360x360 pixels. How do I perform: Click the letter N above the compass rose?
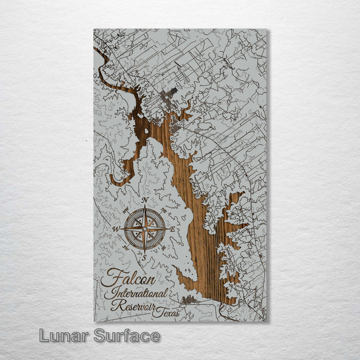pos(145,200)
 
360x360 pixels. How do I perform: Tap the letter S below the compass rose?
pos(144,258)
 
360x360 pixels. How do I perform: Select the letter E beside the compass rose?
pos(173,229)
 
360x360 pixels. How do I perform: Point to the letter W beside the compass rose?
pos(116,229)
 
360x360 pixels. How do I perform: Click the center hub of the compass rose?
pos(144,229)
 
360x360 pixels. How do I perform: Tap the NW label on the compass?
pos(125,210)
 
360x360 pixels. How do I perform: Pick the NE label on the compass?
pos(164,210)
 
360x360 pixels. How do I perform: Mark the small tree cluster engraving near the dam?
pos(189,299)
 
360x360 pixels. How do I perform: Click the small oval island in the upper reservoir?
pos(145,131)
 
